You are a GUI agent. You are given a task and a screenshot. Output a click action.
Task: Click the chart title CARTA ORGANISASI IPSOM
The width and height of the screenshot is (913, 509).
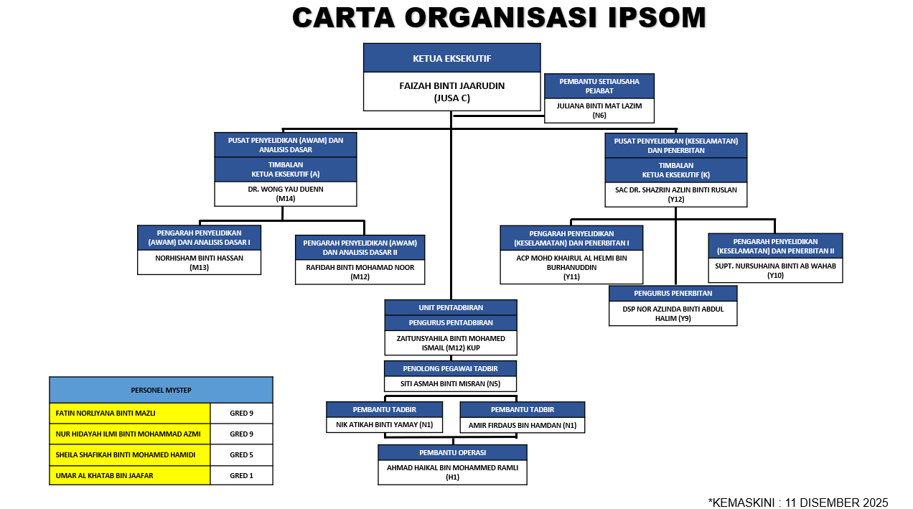point(499,18)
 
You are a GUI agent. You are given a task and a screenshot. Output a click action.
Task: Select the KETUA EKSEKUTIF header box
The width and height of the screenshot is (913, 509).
point(451,58)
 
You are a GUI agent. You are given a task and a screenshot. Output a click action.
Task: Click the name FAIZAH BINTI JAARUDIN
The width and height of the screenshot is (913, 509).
point(451,86)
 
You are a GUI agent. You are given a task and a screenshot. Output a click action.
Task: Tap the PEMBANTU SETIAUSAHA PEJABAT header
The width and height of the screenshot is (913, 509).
point(599,85)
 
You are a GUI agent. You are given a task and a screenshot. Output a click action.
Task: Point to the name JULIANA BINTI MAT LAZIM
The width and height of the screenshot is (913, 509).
point(599,106)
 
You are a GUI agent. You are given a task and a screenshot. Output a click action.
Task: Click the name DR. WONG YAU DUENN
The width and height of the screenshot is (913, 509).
point(286,190)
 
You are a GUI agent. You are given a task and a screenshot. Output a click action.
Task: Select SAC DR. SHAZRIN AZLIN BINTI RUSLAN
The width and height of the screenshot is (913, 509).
point(675,190)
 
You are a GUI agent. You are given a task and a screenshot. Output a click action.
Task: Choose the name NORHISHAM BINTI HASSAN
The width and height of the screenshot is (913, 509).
point(199,258)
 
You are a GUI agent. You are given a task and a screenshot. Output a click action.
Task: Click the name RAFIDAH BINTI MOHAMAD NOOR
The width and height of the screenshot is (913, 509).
point(360,267)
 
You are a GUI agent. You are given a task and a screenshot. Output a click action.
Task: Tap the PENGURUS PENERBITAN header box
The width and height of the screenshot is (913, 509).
point(673,294)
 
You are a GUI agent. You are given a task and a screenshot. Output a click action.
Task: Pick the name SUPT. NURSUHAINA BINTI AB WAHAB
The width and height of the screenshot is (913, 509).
point(775,266)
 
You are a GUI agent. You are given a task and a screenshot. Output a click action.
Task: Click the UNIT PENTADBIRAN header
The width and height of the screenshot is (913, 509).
point(451,307)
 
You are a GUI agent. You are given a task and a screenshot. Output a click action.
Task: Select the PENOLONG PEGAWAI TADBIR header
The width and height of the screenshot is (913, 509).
point(451,368)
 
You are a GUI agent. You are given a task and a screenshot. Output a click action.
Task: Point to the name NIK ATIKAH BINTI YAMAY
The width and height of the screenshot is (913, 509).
point(384,424)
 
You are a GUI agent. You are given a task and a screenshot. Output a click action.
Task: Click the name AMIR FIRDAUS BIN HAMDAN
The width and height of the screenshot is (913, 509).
point(522,424)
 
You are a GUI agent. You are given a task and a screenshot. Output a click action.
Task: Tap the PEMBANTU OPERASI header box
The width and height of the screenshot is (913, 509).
point(452,452)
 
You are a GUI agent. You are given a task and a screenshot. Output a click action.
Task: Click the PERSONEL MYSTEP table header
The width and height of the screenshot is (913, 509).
point(161,390)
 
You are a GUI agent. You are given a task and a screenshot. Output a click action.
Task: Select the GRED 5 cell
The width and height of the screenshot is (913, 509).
point(241,454)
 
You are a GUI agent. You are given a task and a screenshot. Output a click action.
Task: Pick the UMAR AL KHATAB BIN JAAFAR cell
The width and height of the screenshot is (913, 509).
point(130,475)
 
